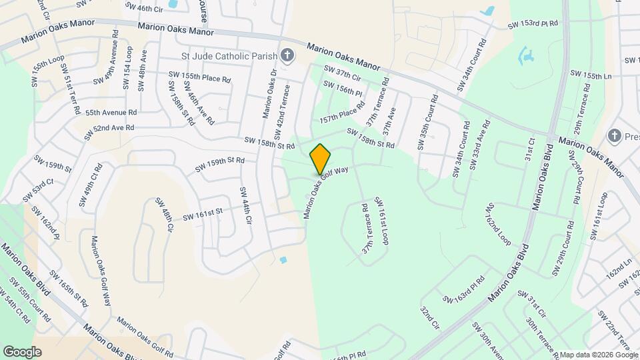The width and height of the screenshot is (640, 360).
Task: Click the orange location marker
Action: tap(321, 159)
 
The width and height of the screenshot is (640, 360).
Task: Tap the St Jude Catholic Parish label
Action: tap(229, 55)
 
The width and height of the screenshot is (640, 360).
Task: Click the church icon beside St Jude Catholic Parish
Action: tap(287, 55)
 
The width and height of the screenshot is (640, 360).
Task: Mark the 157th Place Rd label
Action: tap(343, 113)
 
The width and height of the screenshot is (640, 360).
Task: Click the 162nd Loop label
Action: tap(498, 223)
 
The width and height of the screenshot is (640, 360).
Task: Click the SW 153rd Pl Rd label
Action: tap(533, 23)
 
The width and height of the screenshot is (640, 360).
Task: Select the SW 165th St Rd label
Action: tap(69, 288)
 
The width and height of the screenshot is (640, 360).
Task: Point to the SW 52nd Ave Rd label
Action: tap(109, 132)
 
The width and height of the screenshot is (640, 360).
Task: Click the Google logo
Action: tap(22, 351)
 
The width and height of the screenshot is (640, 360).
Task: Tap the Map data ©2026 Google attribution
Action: tap(595, 354)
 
